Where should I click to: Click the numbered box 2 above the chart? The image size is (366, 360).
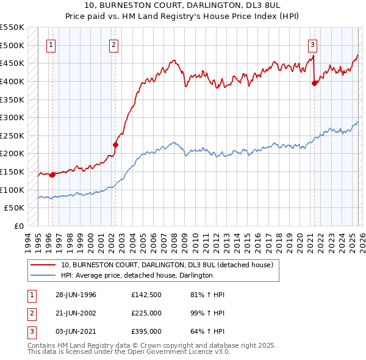(x=114, y=44)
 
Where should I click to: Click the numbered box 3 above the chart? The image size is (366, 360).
(x=312, y=44)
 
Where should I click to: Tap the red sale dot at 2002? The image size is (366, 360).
(x=115, y=145)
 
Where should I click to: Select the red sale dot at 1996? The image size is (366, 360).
(x=52, y=175)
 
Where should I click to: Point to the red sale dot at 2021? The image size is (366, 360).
(x=314, y=84)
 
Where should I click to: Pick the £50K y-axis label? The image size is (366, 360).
(x=14, y=207)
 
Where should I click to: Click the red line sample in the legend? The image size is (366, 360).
(x=43, y=265)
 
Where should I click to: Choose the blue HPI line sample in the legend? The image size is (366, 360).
(x=43, y=275)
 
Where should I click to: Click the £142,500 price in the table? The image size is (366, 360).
(x=146, y=295)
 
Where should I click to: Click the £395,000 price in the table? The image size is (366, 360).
(x=146, y=331)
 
